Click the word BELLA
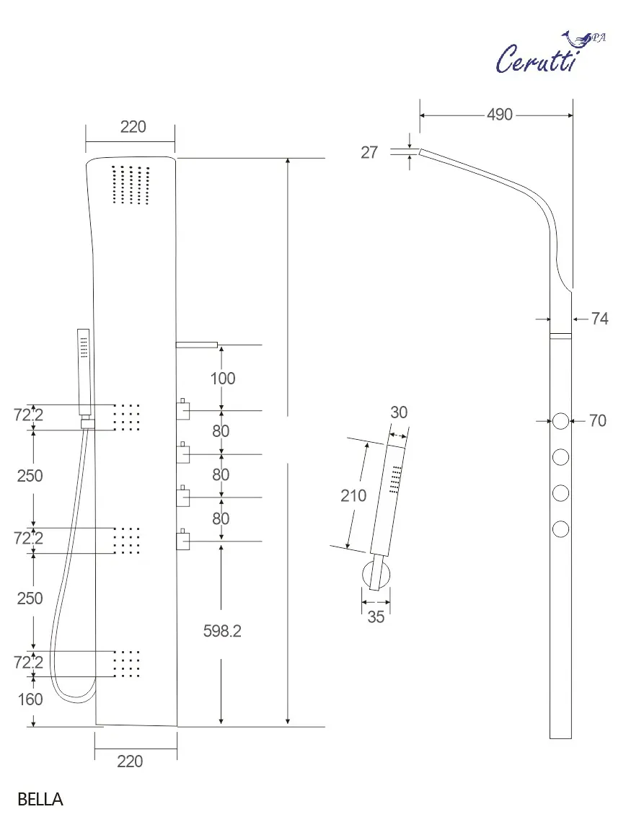point(40,799)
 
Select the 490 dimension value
point(499,115)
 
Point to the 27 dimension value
point(369,153)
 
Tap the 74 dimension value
point(599,319)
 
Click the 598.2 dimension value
point(222,631)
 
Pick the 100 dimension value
point(222,378)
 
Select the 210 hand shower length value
point(353,495)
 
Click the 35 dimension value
point(376,617)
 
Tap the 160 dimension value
point(30,699)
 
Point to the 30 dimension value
point(399,412)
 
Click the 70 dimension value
point(598,420)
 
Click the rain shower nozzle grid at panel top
point(131,185)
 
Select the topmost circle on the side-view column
point(561,421)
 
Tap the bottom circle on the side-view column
point(561,530)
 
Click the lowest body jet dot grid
point(128,663)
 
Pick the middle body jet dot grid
point(128,540)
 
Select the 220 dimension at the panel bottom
point(130,761)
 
